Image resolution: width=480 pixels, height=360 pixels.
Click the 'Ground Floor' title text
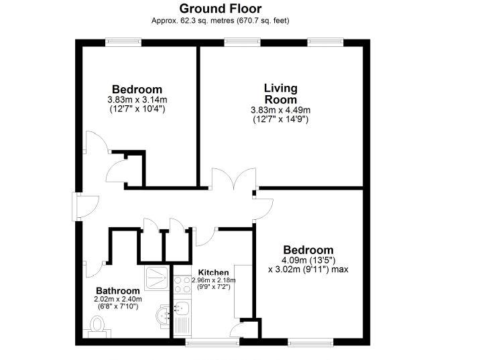(x=221, y=9)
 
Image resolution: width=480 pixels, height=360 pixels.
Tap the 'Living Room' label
(x=280, y=94)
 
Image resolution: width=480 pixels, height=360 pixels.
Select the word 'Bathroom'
(x=118, y=290)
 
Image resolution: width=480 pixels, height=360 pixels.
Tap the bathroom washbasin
(x=163, y=314)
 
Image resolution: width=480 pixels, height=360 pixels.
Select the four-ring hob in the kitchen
(x=181, y=284)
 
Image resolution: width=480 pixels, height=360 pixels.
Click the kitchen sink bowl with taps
(x=181, y=307)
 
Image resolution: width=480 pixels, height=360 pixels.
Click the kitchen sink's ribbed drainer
(x=181, y=326)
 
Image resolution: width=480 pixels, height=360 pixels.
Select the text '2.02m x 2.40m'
(x=118, y=299)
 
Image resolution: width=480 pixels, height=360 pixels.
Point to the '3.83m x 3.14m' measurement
(x=137, y=100)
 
